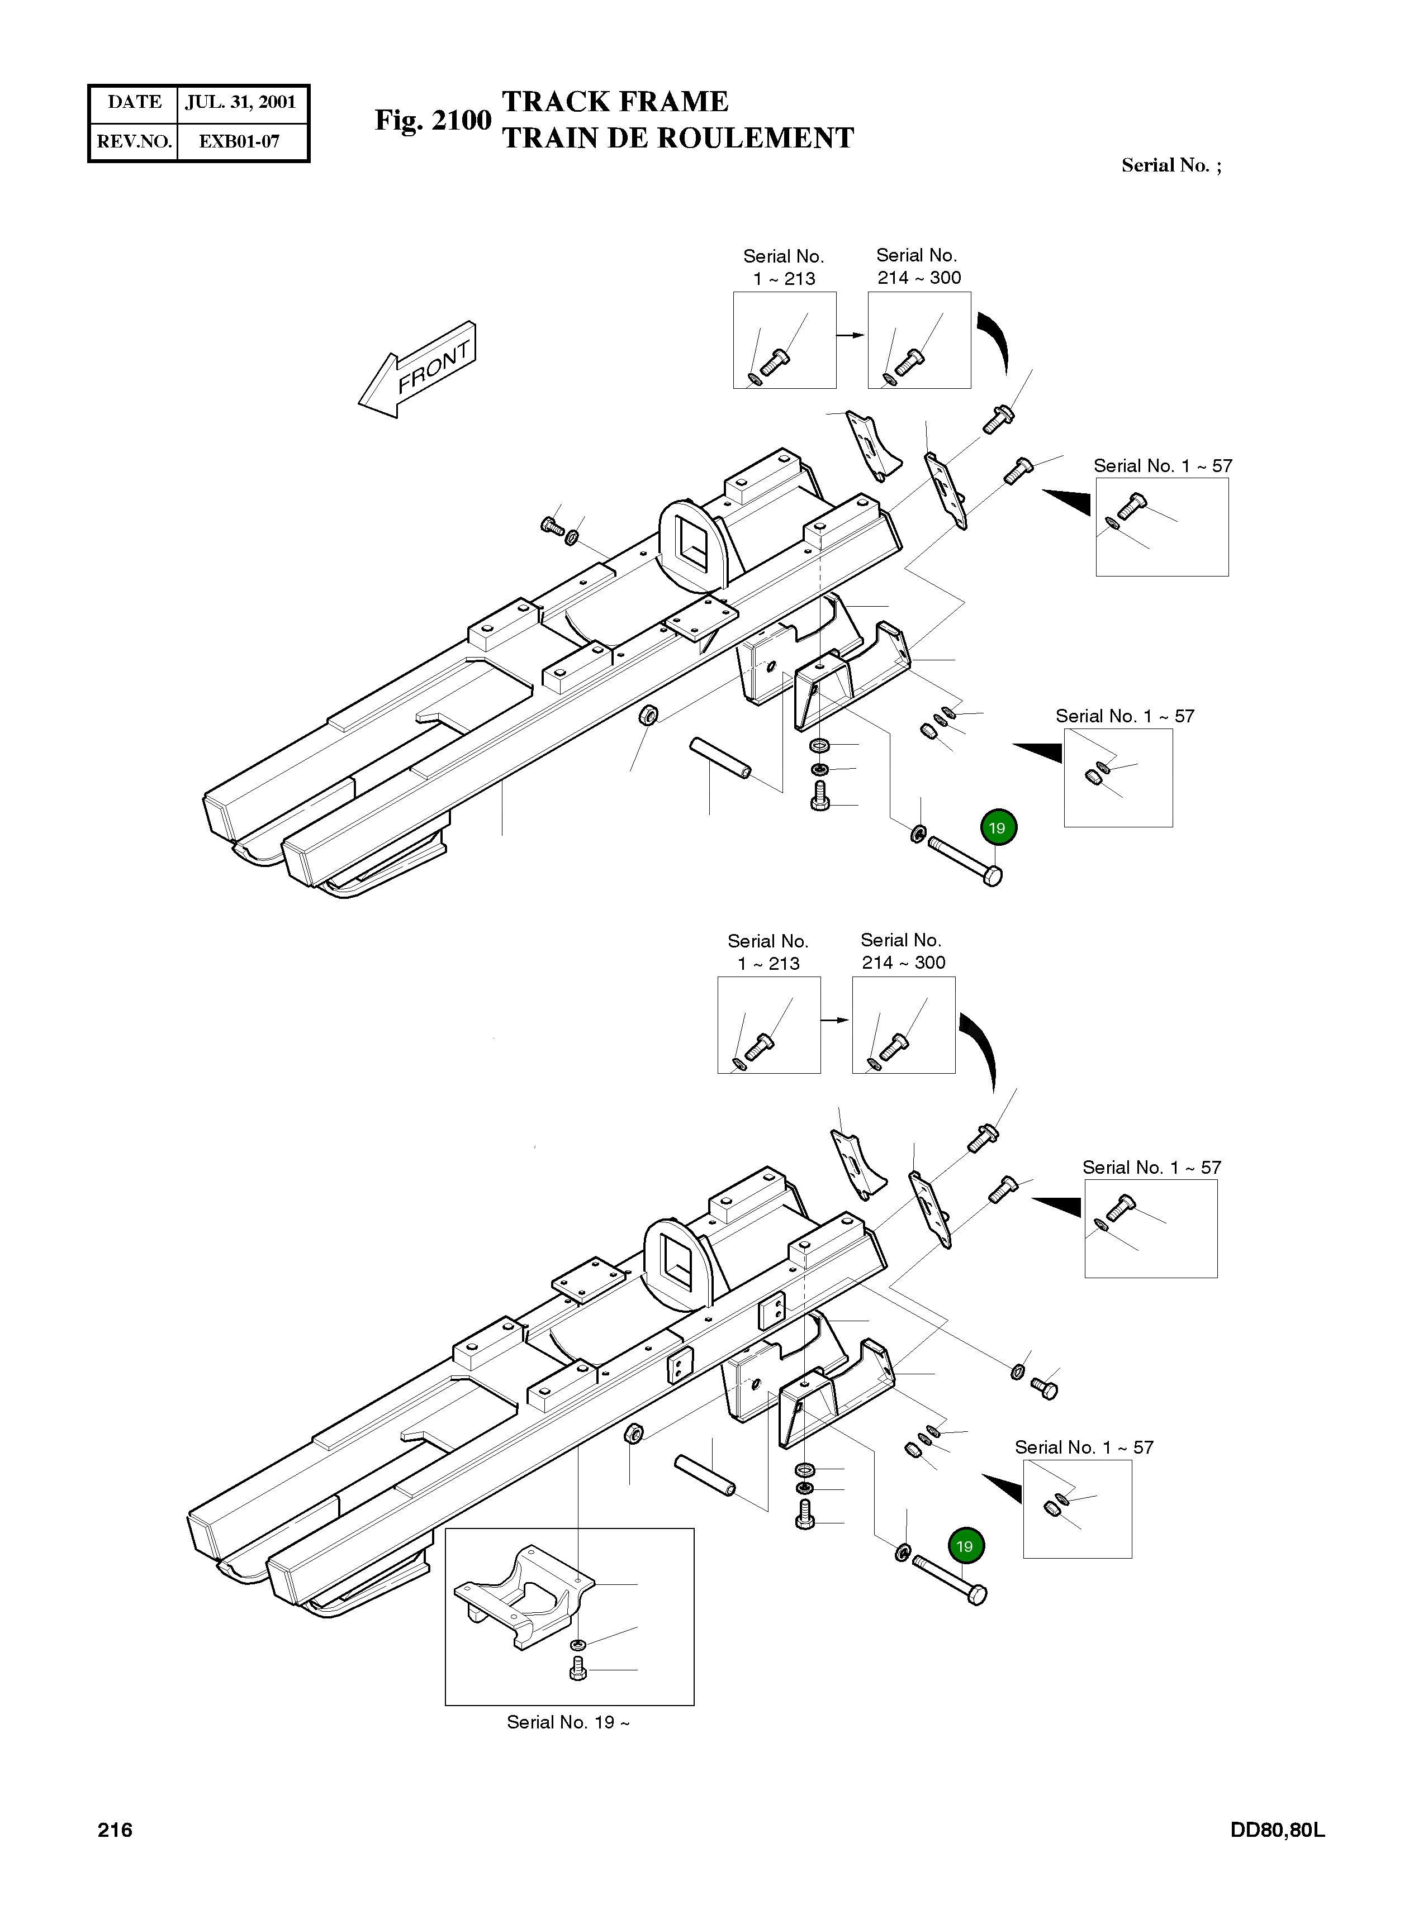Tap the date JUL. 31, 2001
pos(240,102)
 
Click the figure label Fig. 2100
pos(433,121)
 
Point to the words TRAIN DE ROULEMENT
pos(678,138)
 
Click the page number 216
pos(115,1830)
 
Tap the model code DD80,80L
pos(1277,1830)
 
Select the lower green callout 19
pos(965,1545)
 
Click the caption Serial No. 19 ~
pos(568,1721)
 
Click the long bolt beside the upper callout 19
pos(964,861)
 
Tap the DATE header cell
pos(134,102)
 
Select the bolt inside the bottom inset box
pos(577,1668)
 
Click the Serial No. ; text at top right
pos(1170,165)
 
